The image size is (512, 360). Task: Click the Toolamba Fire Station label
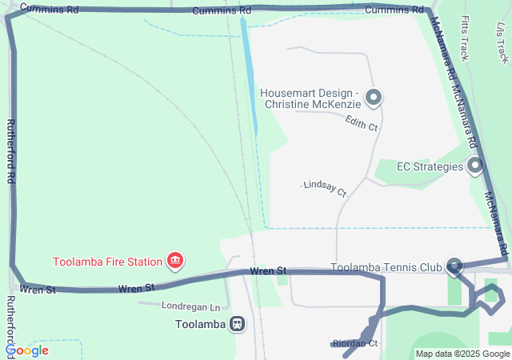pos(108,261)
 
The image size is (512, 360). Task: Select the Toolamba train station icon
pos(237,324)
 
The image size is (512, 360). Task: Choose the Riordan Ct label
pos(355,343)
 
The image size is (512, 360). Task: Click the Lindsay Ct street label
pos(325,189)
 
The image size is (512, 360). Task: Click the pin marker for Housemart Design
pos(373,98)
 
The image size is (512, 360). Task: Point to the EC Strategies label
pos(430,166)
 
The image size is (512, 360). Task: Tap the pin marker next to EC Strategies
pos(475,166)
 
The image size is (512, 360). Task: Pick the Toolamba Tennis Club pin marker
pos(454,266)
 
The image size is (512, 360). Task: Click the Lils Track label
pos(502,41)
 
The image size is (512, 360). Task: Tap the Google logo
pos(26,350)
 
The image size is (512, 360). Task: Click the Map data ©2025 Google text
pos(462,354)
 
